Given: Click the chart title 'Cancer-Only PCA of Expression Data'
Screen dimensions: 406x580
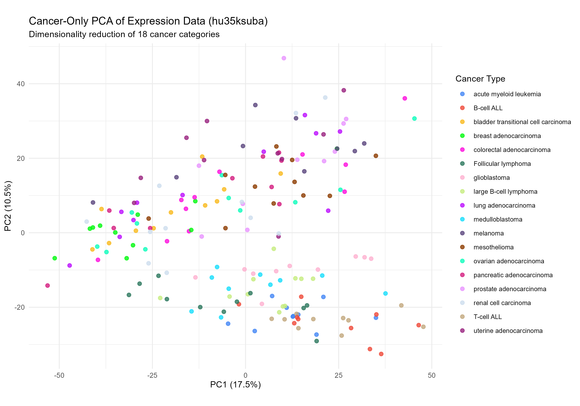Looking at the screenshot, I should tap(148, 21).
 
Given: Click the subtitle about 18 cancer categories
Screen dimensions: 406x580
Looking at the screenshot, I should tap(124, 34).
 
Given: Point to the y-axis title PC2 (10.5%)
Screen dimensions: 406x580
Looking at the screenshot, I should tap(8, 206).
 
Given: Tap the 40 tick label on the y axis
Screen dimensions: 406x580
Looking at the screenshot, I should tap(20, 84).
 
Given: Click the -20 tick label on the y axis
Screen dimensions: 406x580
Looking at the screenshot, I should tap(20, 307).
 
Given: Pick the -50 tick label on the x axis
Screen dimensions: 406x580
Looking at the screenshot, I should tap(59, 375).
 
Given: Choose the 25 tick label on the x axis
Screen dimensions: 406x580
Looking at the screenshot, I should tap(339, 375).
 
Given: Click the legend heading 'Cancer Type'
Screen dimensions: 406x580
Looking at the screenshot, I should tap(480, 79).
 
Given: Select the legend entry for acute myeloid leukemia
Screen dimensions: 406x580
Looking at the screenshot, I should tap(507, 94).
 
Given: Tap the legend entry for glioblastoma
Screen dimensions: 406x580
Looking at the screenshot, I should tap(491, 178).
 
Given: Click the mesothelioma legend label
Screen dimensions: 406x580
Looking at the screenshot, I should tap(493, 247).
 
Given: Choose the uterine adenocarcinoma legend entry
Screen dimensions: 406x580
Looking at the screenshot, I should tap(508, 331).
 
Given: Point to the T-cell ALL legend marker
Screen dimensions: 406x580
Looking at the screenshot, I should tap(462, 317).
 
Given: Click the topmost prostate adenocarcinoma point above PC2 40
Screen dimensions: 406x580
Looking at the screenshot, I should tap(284, 58).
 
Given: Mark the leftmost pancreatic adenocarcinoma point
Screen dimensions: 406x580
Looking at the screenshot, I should tap(48, 286).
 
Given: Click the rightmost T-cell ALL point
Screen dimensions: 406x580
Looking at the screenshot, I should tap(423, 327).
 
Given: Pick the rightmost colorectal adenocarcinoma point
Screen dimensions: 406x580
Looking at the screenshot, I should tap(405, 98).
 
